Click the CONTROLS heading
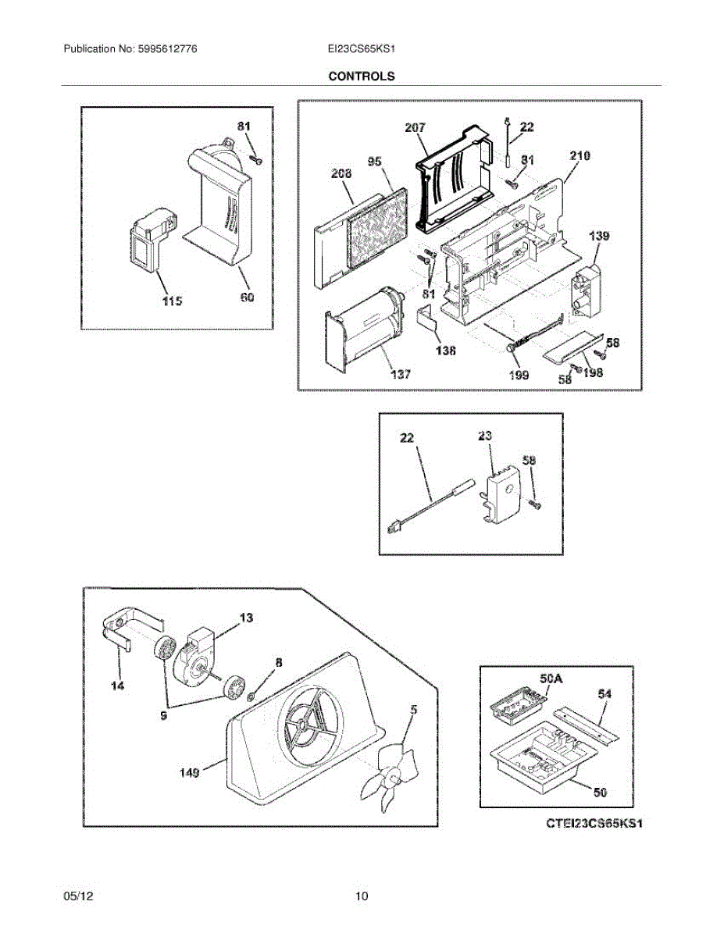pyautogui.click(x=361, y=77)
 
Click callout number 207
pyautogui.click(x=415, y=127)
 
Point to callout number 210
pyautogui.click(x=580, y=156)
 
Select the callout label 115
pyautogui.click(x=172, y=301)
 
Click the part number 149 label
pyautogui.click(x=187, y=772)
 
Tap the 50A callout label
pyautogui.click(x=551, y=679)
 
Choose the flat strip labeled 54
pyautogui.click(x=584, y=722)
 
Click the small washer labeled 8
pyautogui.click(x=255, y=694)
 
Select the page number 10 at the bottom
pyautogui.click(x=362, y=896)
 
